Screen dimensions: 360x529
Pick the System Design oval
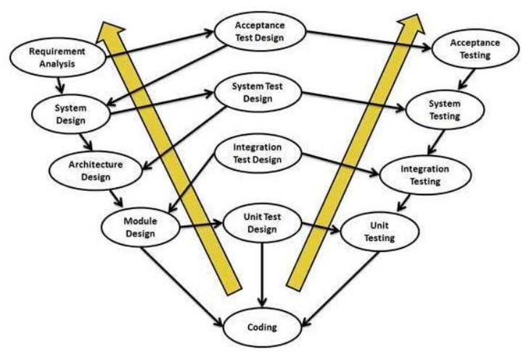70,113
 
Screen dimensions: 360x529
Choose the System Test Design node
257,91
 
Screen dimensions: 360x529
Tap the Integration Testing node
425,174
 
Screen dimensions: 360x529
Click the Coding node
261,327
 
